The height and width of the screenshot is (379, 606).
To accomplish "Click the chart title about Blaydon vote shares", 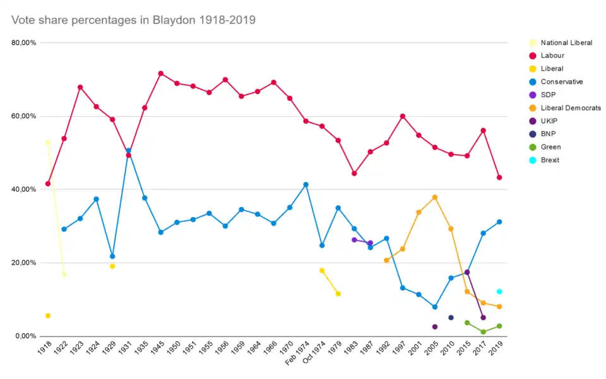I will [133, 20].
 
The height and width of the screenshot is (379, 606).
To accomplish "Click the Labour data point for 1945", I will [161, 74].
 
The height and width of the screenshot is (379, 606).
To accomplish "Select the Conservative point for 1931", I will [129, 151].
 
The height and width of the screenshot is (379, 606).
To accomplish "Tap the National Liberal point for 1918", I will [48, 143].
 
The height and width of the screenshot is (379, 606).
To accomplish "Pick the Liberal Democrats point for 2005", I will [435, 197].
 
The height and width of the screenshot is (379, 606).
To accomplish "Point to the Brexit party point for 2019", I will [499, 291].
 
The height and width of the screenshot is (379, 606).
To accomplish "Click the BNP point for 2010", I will [451, 317].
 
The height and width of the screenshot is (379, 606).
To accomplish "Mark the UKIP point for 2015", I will [467, 272].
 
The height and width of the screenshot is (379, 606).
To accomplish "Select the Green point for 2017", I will [483, 332].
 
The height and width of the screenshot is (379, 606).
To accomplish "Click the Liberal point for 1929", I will [112, 266].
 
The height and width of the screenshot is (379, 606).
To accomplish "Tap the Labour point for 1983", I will [354, 173].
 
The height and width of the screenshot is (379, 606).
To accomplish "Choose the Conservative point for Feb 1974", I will [306, 185].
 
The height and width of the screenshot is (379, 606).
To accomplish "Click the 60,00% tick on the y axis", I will [24, 116].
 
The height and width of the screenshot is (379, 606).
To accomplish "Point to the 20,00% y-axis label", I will [24, 263].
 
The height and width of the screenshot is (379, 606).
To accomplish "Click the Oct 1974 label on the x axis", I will [315, 357].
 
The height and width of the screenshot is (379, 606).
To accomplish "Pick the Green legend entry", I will [550, 147].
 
